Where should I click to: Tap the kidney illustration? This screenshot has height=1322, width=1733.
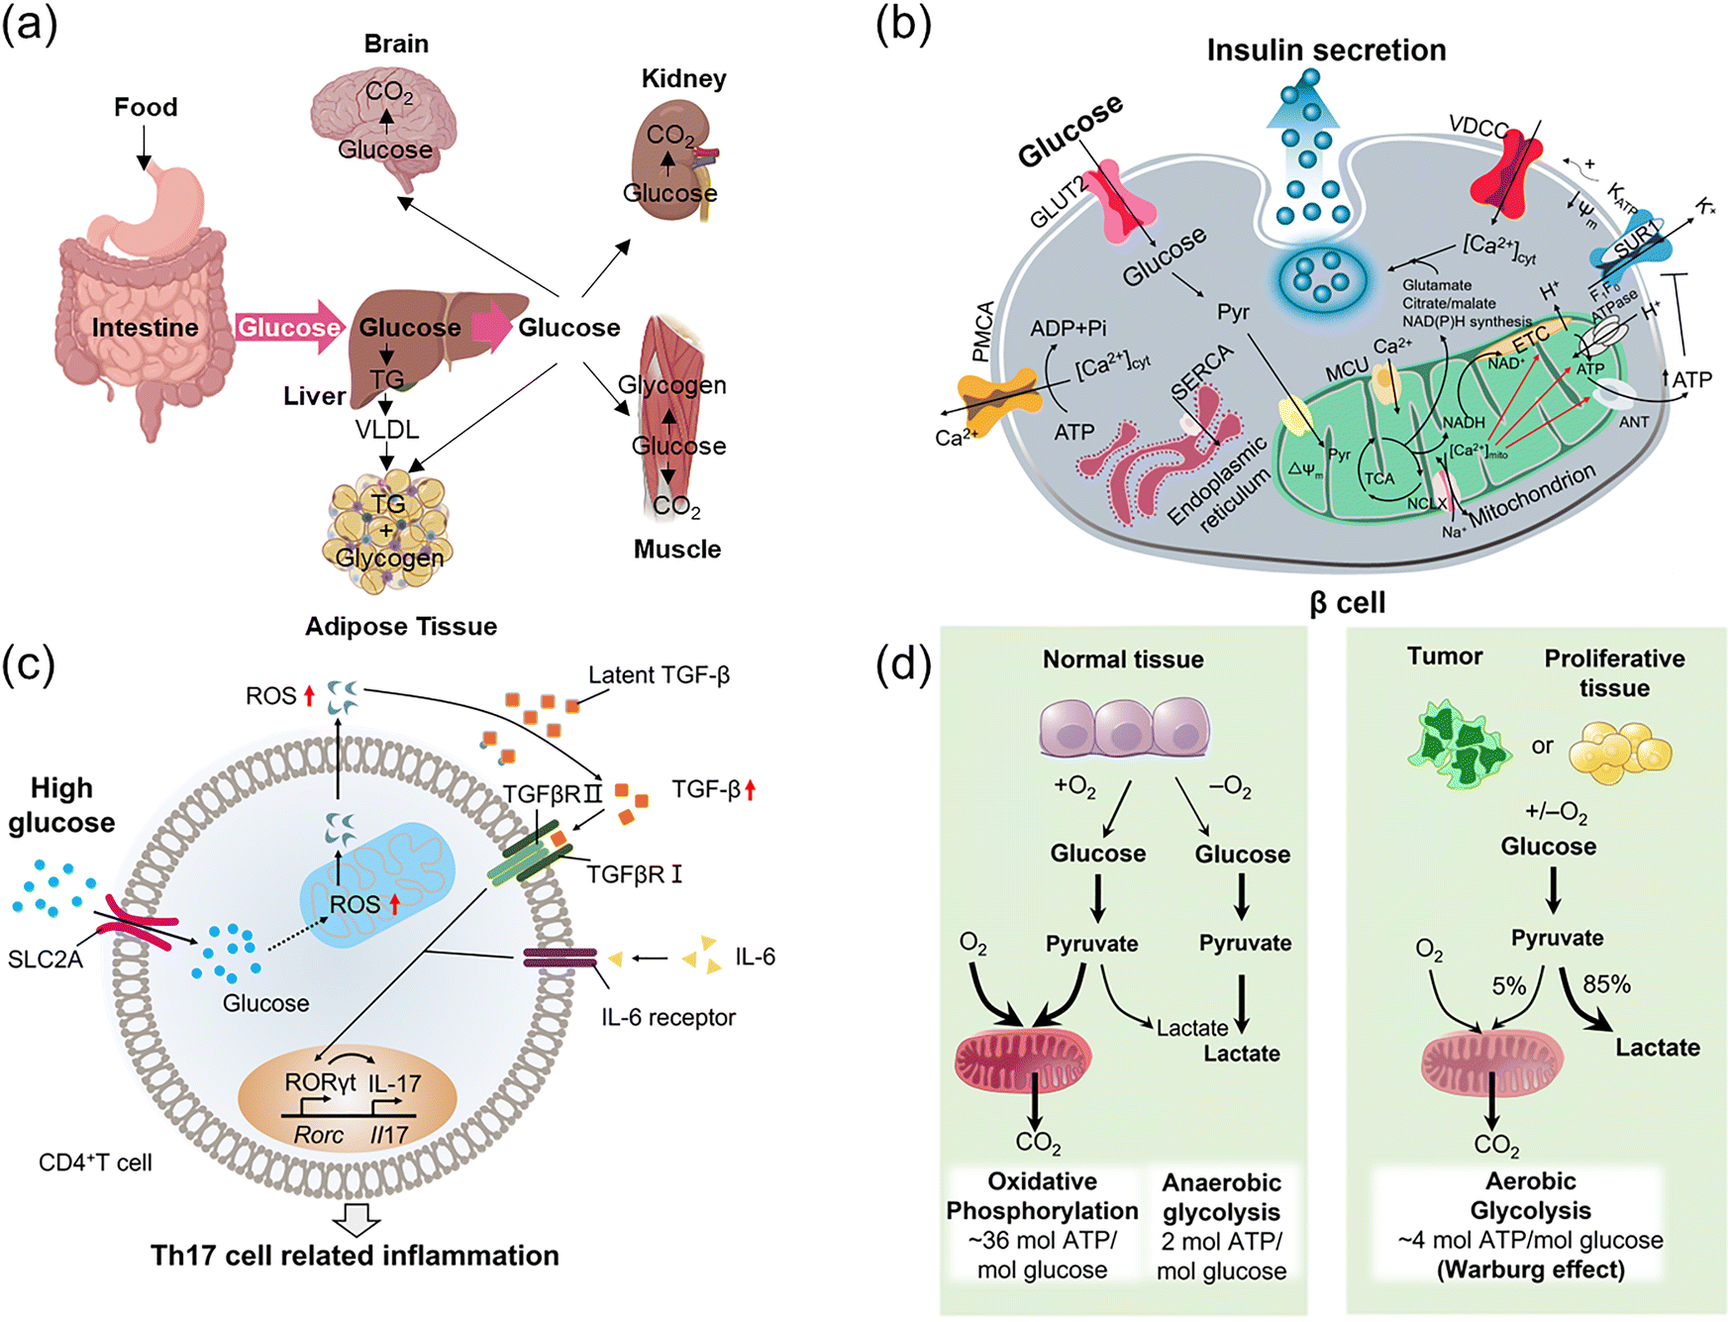(669, 166)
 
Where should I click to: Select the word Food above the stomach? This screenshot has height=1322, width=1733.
(146, 107)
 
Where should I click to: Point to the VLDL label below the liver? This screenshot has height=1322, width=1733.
(387, 430)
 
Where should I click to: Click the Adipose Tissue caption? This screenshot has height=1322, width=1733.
(401, 627)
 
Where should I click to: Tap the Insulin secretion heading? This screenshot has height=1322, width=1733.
(1326, 51)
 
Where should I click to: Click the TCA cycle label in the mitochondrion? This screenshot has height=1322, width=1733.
(1379, 478)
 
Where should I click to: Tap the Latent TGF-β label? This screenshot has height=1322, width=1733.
(659, 675)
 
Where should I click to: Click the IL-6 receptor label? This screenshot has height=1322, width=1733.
(668, 1017)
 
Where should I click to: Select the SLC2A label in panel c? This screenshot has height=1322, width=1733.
(46, 960)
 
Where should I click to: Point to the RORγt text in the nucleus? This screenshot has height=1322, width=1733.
(320, 1082)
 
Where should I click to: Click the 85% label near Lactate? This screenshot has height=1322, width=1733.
(1606, 984)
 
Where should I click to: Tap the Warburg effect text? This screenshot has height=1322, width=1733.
(1531, 1270)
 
